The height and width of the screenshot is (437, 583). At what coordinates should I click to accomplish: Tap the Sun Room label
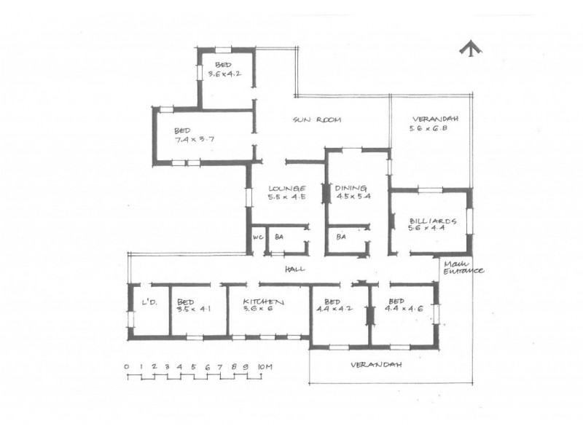pyautogui.click(x=318, y=119)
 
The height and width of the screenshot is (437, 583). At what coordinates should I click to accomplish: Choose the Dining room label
pyautogui.click(x=353, y=192)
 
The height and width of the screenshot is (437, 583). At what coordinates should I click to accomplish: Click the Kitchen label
pyautogui.click(x=263, y=302)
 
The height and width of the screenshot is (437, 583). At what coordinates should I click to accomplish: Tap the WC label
pyautogui.click(x=257, y=237)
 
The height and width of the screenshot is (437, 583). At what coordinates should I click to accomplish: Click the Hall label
pyautogui.click(x=294, y=269)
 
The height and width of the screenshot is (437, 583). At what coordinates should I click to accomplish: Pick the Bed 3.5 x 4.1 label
pyautogui.click(x=194, y=305)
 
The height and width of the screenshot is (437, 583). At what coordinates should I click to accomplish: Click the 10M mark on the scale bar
pyautogui.click(x=265, y=366)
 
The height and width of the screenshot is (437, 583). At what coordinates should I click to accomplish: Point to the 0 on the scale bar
pyautogui.click(x=127, y=366)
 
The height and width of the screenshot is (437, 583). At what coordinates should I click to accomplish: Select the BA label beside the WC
pyautogui.click(x=279, y=237)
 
